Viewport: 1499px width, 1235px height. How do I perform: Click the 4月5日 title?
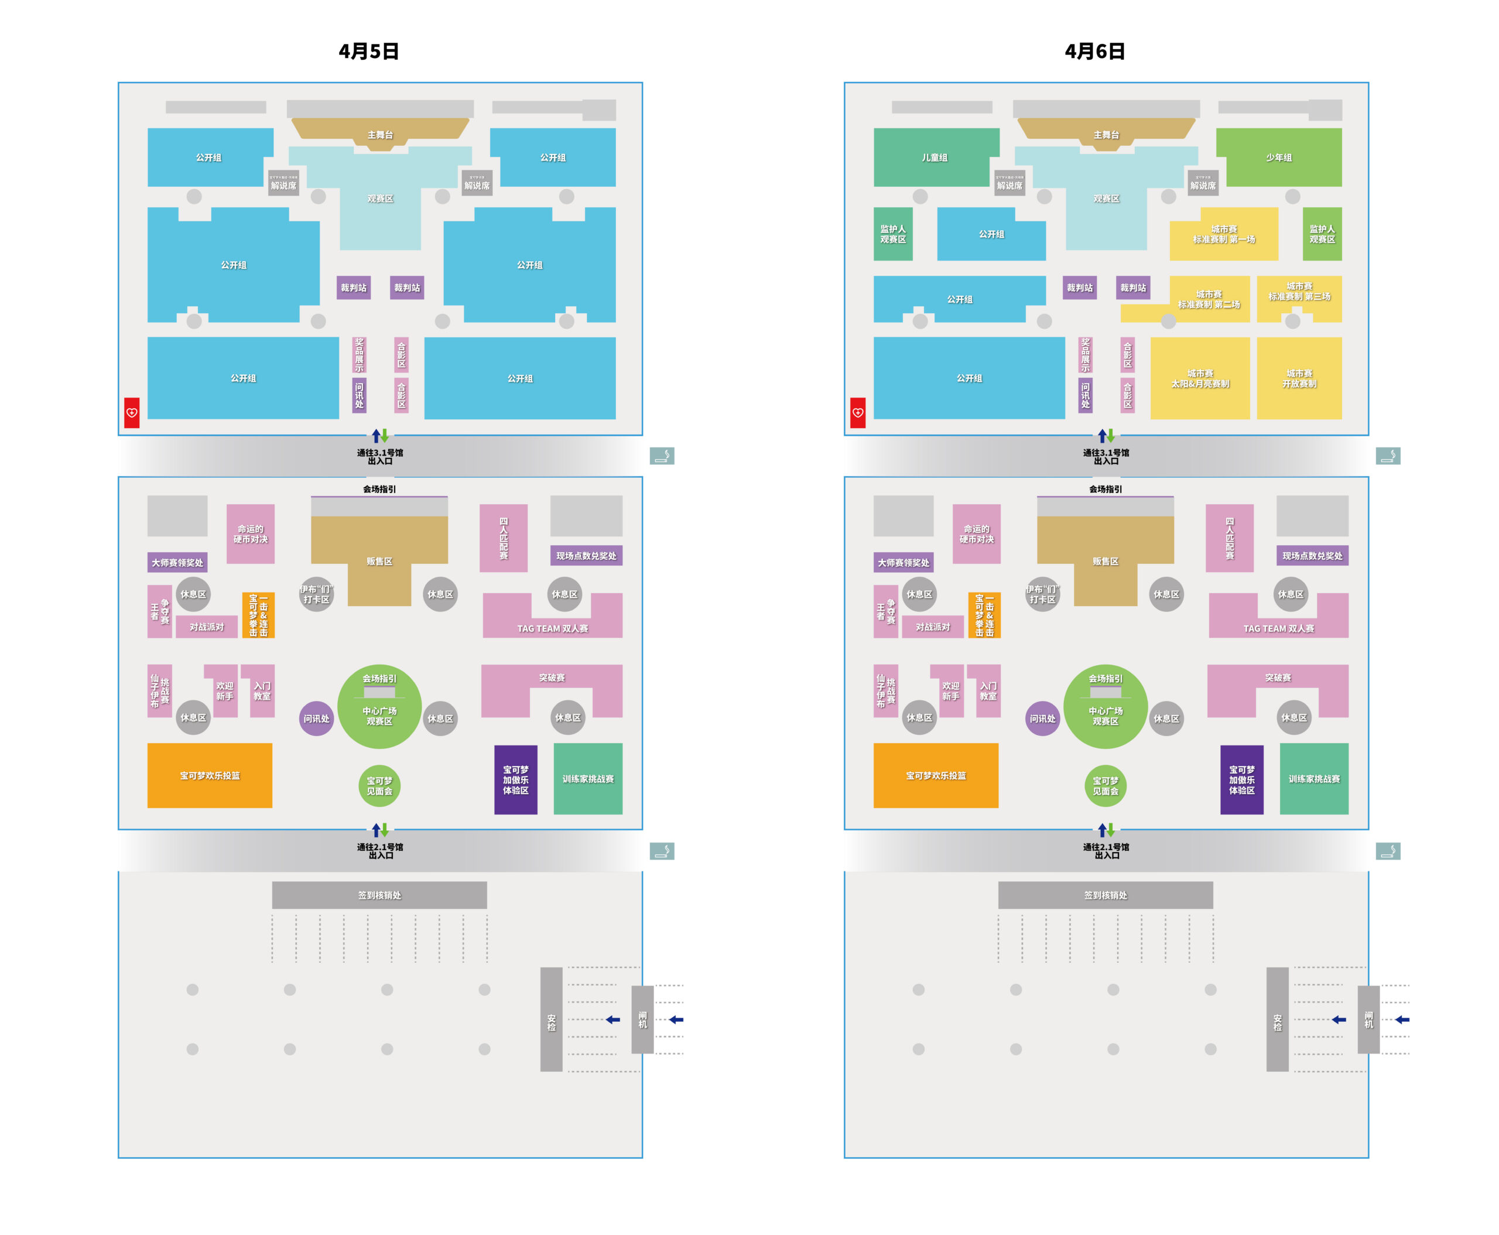368,51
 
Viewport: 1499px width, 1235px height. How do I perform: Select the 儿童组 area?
934,157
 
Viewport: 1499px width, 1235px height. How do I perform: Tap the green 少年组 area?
1278,157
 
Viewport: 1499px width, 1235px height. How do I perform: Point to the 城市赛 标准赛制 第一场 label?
1223,234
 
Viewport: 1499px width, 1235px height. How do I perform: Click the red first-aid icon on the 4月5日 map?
132,413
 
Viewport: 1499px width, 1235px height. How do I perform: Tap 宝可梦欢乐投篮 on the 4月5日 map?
209,775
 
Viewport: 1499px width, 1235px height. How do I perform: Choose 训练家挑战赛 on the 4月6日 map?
1313,778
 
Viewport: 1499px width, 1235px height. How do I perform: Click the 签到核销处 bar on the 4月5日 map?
379,895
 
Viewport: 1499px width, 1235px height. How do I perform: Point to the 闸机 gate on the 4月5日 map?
642,1020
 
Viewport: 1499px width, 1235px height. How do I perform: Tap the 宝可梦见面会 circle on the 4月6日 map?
1105,785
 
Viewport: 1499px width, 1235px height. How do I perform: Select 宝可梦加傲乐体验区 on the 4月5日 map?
515,779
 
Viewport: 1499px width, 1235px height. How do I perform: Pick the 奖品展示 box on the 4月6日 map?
1085,354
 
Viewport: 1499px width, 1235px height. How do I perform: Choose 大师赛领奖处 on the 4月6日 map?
903,562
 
